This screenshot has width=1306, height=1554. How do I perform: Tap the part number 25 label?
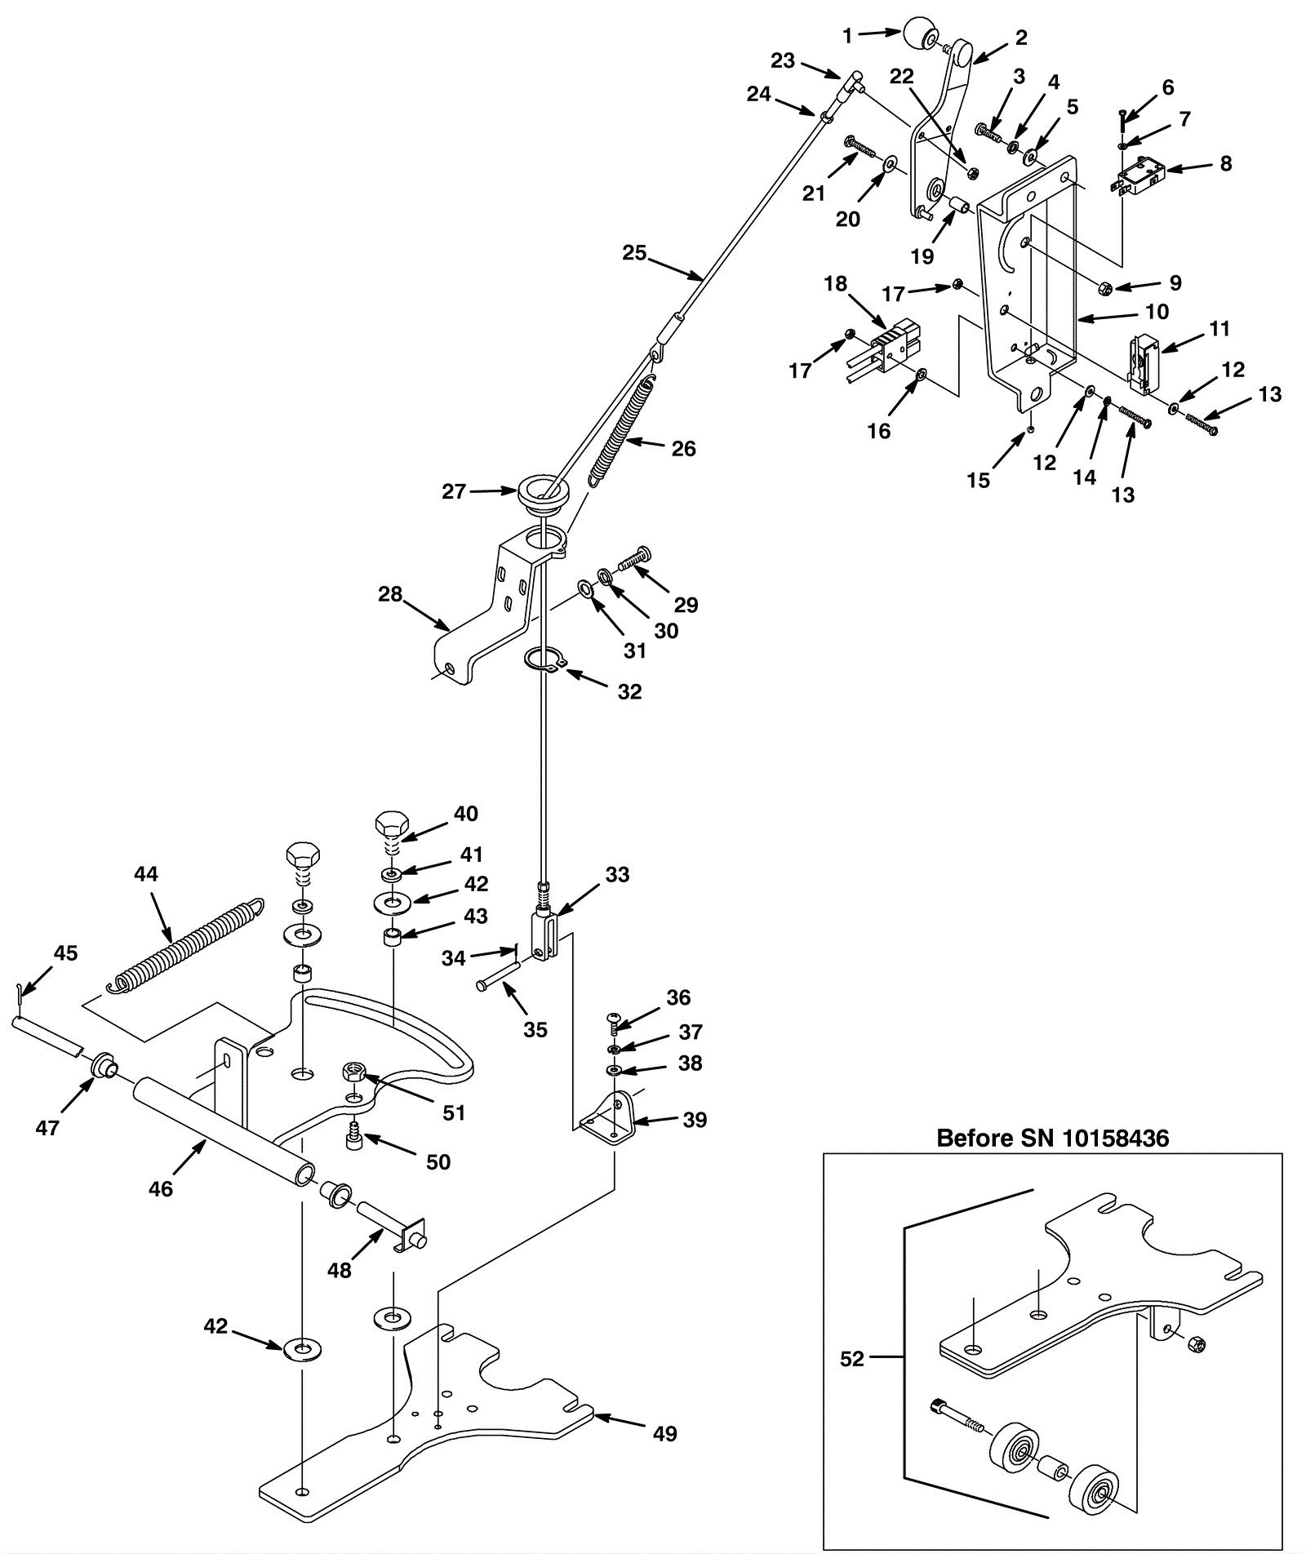tap(634, 253)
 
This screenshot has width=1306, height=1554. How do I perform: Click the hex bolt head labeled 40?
tap(393, 826)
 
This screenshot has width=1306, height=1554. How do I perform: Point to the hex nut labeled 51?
tap(354, 1072)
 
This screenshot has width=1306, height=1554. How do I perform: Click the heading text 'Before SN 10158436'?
tap(1052, 1138)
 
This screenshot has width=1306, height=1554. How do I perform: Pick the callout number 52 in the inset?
tap(852, 1359)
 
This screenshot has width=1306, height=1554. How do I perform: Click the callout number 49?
tap(666, 1433)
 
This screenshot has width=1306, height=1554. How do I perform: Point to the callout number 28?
tap(390, 594)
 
